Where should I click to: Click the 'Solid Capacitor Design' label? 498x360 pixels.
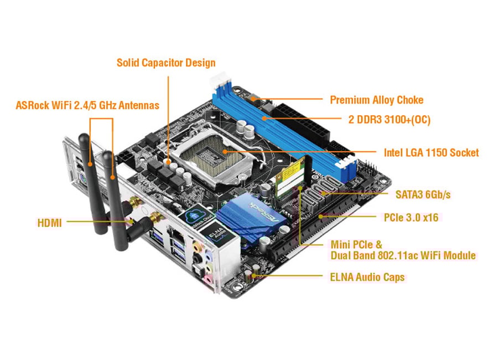pos(166,63)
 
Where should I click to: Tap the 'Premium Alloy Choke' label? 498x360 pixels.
pos(377,100)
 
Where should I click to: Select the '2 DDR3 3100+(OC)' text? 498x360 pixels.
pos(390,120)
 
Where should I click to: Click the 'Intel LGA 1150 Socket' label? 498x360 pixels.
pos(431,153)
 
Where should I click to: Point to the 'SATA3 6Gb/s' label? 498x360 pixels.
pos(423,194)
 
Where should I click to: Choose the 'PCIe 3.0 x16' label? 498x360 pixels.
pos(411,218)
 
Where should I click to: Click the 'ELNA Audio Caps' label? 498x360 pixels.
pos(367,277)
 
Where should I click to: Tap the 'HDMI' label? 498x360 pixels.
pos(50,223)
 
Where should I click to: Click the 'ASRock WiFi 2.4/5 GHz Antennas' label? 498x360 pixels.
pos(87,105)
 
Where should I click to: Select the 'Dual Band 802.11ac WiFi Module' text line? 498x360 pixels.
pos(403,255)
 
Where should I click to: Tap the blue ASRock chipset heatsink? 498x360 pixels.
pos(251,218)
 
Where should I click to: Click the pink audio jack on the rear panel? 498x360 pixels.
pos(208,280)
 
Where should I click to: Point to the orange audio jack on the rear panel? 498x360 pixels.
pos(198,245)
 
